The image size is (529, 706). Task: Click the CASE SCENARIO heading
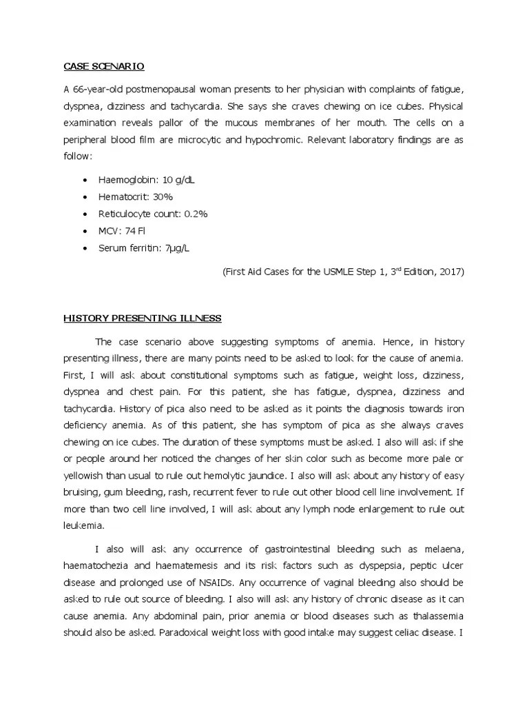104,66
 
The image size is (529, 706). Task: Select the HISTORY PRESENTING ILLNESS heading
143,318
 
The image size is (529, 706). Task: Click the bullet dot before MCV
84,231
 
